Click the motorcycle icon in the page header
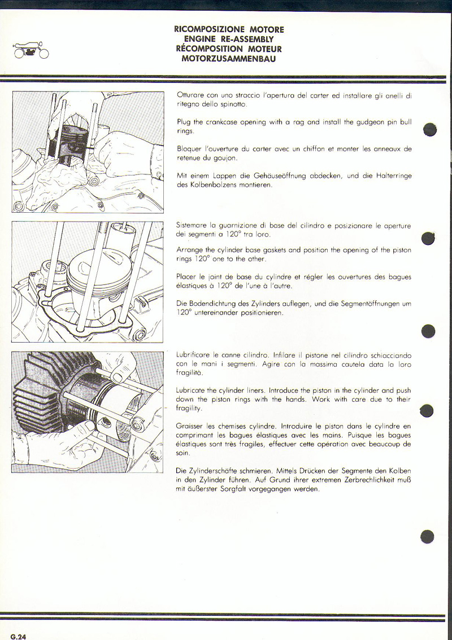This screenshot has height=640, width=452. (31, 51)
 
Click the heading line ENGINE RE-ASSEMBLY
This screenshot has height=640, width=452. (229, 40)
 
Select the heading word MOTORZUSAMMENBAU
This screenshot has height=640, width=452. (229, 59)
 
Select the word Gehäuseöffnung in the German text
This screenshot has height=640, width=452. (275, 176)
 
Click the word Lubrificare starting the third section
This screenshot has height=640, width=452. (194, 356)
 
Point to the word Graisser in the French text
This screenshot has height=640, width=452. (190, 426)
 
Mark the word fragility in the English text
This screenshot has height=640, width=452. (189, 408)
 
